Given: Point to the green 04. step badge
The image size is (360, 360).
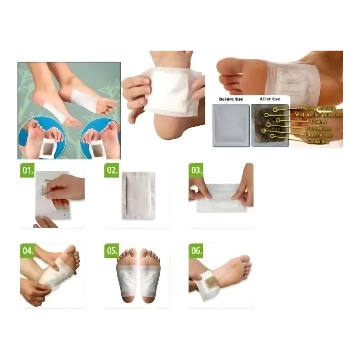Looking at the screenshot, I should tap(27, 251).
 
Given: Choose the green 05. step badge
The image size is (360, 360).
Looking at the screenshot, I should tap(112, 251).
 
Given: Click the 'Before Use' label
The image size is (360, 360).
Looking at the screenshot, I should tap(231, 99).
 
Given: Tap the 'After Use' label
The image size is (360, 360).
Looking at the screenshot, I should tap(270, 99).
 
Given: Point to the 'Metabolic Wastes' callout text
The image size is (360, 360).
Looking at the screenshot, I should tap(318, 115).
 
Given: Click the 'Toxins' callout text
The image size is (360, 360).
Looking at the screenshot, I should tap(318, 122).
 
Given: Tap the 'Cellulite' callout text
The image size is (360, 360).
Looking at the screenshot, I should tap(318, 141).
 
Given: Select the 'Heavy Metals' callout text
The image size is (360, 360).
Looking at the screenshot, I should tap(318, 108).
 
